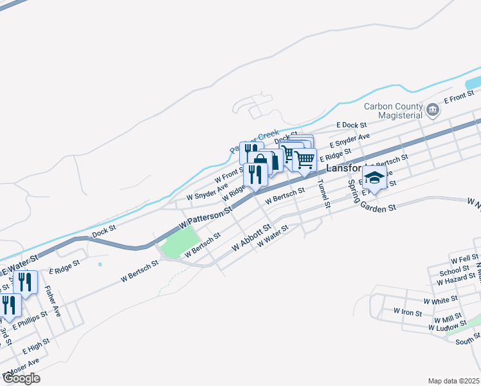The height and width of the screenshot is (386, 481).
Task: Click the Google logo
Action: tap(21, 378)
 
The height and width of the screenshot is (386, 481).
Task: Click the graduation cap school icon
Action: tap(374, 177)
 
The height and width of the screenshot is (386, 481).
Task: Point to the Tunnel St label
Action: tap(323, 194)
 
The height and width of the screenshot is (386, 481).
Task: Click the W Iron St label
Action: tap(406, 313)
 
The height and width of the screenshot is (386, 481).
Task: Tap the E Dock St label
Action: tap(351, 125)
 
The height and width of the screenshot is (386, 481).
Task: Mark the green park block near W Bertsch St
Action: tap(179, 244)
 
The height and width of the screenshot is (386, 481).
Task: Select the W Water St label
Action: tap(273, 237)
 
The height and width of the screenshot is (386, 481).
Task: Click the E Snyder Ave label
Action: tap(349, 140)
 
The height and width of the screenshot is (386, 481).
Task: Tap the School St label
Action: tap(450, 272)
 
